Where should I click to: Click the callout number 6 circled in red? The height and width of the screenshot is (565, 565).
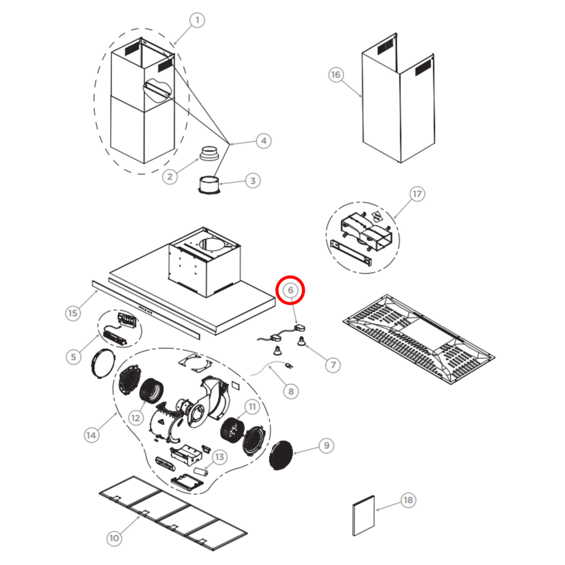[x=290, y=290]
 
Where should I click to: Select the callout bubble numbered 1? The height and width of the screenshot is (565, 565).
[x=197, y=20]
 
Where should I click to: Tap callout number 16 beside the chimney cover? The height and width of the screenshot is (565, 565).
[x=336, y=74]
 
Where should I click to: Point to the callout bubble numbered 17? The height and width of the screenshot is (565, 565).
[x=417, y=194]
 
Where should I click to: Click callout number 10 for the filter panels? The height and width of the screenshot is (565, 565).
[x=114, y=538]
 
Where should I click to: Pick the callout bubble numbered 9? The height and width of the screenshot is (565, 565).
[x=326, y=446]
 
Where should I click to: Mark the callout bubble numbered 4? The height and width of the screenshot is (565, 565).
[x=264, y=141]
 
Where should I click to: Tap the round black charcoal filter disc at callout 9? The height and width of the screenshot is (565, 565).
[x=281, y=455]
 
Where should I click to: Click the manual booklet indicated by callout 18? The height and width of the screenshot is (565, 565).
[x=364, y=516]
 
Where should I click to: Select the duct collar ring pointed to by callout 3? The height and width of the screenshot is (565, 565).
[x=209, y=185]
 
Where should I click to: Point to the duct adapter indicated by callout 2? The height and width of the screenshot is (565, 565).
[x=209, y=153]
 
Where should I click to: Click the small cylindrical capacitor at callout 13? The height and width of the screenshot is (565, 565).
[x=201, y=472]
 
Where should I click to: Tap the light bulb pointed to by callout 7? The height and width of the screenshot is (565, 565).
[x=301, y=341]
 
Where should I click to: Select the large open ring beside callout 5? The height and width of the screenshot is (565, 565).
[x=103, y=364]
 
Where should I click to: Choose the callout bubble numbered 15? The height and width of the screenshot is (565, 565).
[x=73, y=313]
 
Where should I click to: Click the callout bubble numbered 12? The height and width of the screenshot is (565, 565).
[x=135, y=418]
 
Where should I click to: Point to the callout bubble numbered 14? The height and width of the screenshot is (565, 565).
[x=91, y=435]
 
